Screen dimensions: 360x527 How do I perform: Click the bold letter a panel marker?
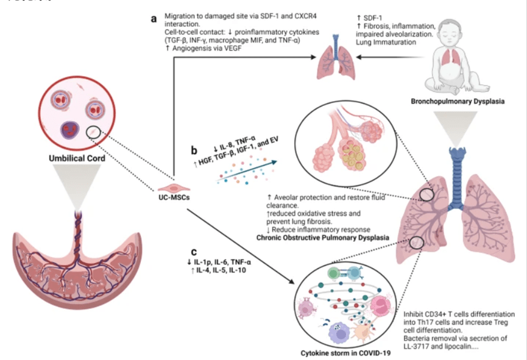(x=154, y=19)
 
